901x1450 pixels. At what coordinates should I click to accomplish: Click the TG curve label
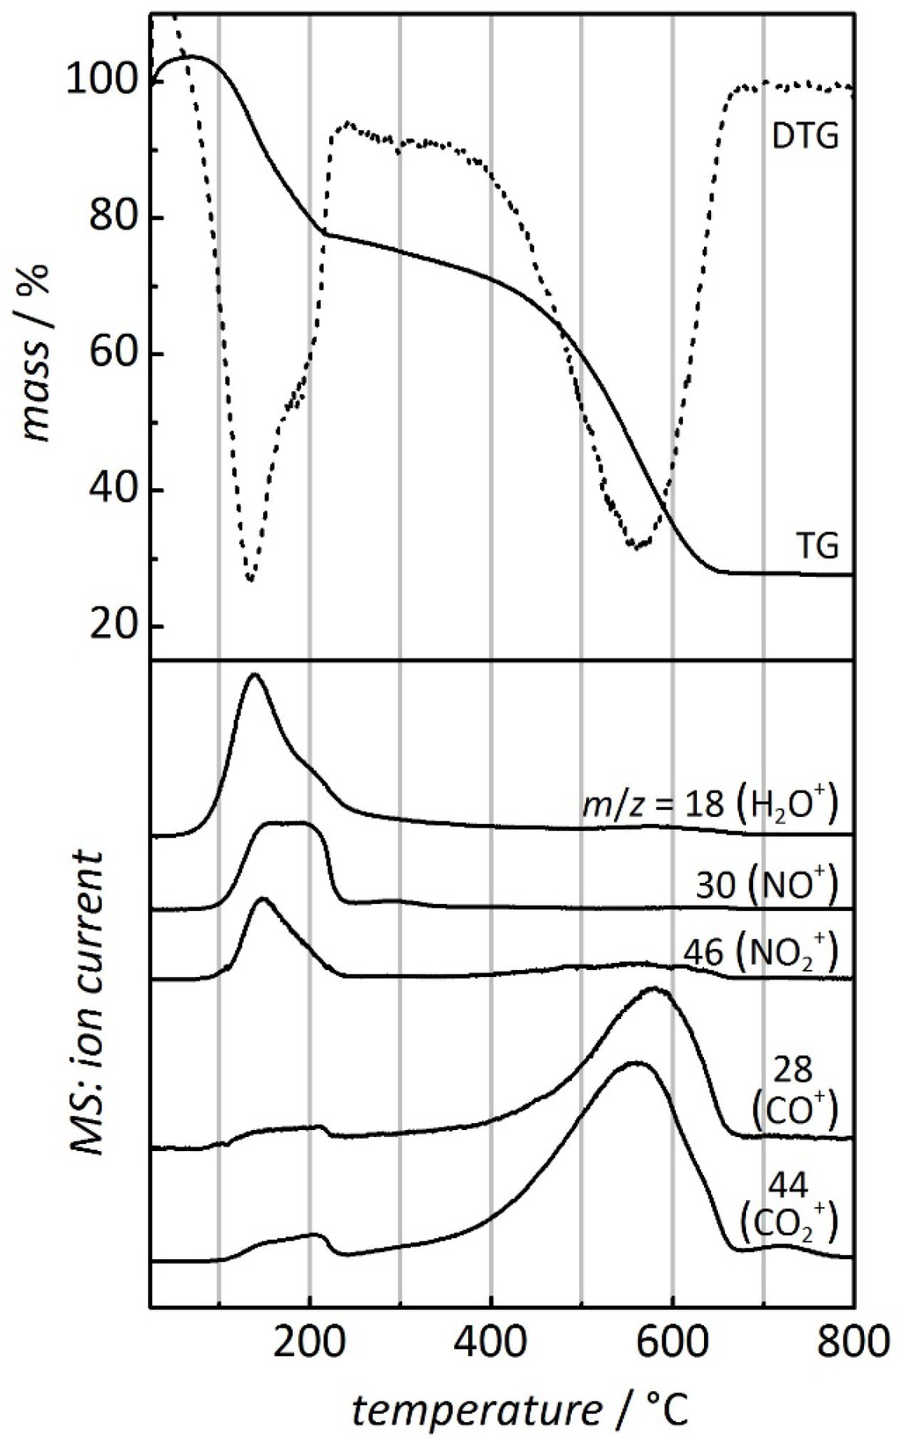coord(817,547)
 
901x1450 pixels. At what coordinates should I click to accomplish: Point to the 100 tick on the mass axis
coord(104,82)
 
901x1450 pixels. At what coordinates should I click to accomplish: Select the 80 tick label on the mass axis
coord(114,218)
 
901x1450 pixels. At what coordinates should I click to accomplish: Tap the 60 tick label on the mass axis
coord(114,354)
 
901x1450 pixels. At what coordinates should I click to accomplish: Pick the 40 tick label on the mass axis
coord(114,491)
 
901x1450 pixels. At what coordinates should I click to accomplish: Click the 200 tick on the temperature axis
coord(310,1337)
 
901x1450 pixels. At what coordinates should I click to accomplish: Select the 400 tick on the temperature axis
coord(490,1337)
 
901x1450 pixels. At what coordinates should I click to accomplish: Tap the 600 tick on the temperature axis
coord(672,1337)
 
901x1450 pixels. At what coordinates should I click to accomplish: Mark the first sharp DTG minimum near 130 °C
coord(250,579)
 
